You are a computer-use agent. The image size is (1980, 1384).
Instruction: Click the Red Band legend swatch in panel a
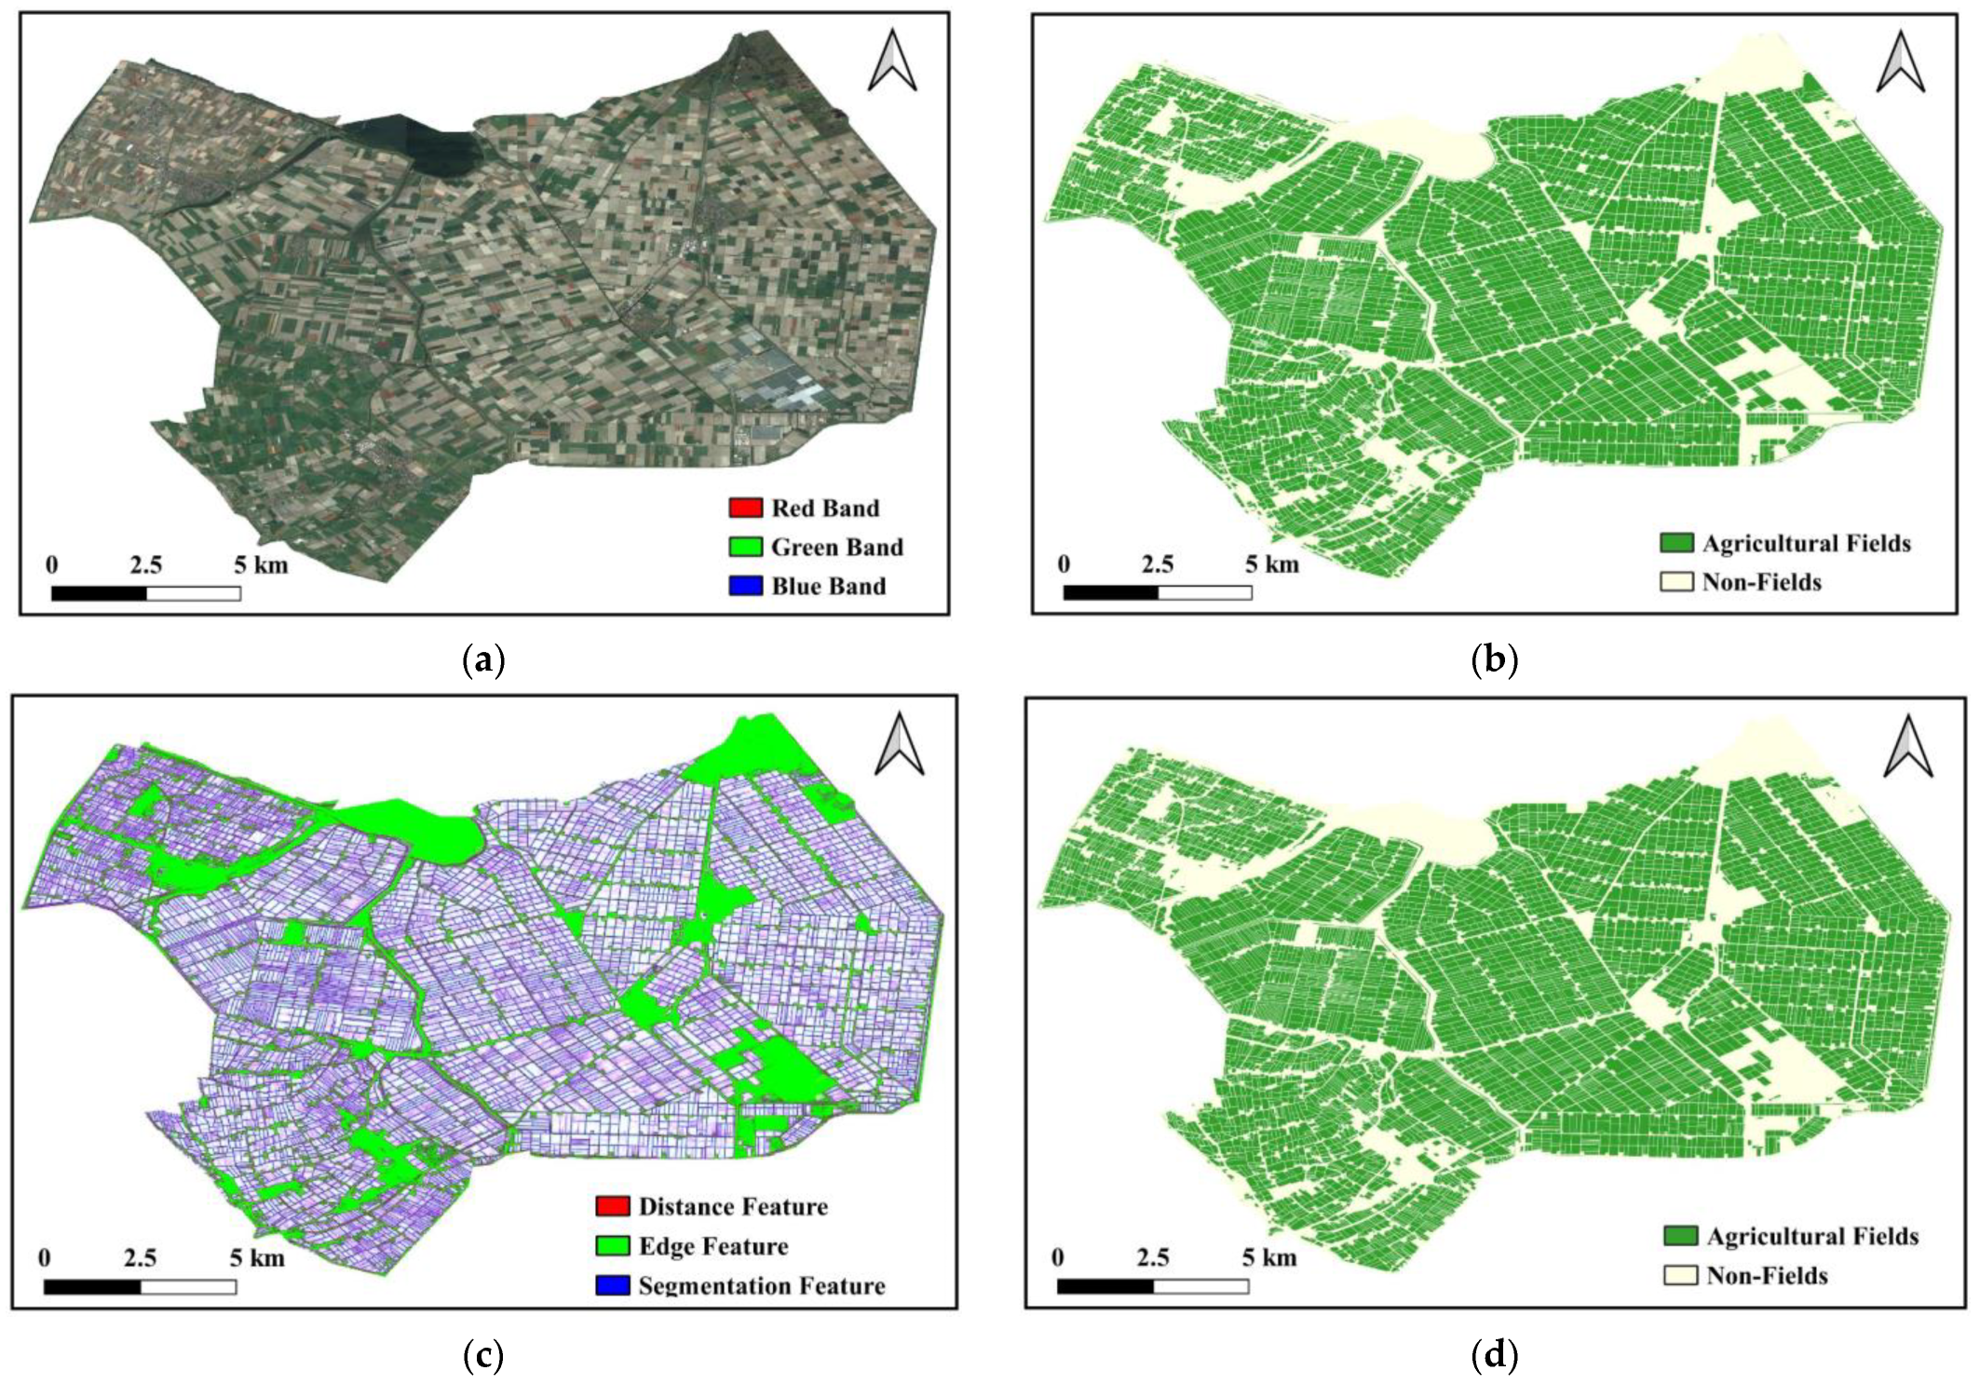coord(745,508)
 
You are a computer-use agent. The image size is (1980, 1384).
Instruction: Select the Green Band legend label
coord(836,547)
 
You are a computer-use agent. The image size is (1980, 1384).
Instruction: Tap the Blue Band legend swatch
coord(745,586)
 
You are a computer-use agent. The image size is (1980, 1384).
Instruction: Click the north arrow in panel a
coord(891,61)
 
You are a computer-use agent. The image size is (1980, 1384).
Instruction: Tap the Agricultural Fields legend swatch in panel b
coord(1676,543)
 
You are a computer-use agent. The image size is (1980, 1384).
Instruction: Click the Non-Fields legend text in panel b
coord(1761,582)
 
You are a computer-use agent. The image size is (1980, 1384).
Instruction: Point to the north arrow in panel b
coord(1900,61)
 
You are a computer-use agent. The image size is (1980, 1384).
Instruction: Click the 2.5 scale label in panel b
coord(1158,564)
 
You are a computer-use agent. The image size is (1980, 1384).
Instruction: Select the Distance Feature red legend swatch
coord(613,1206)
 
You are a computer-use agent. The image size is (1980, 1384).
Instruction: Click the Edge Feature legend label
coord(712,1246)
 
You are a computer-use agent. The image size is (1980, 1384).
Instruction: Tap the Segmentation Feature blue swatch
coord(613,1285)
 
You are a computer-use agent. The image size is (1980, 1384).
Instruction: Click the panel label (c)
coord(483,1355)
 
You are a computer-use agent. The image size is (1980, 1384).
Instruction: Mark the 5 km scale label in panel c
coord(257,1258)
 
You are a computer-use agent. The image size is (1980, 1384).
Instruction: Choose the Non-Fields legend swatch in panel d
coord(1680,1275)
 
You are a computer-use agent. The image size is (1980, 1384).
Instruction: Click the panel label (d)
coord(1494,1355)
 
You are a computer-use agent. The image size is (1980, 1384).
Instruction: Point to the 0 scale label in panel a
coord(52,564)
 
